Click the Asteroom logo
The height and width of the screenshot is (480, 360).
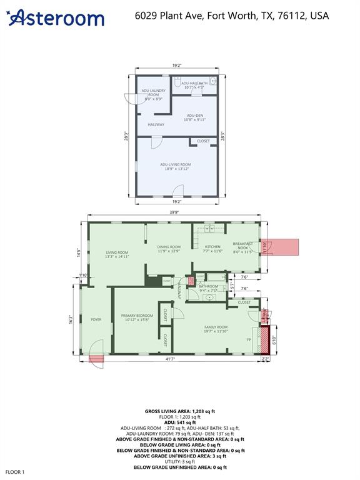point(56,17)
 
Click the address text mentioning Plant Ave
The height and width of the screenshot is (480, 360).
point(232,16)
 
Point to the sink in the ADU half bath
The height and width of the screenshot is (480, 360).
point(213,81)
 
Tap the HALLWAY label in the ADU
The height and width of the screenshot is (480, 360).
point(156,124)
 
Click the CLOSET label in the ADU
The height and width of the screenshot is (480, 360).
point(203,141)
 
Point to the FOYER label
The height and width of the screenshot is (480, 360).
point(96,319)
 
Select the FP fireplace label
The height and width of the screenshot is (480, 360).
point(249,340)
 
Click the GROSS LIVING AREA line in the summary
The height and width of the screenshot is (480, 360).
point(180,411)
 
